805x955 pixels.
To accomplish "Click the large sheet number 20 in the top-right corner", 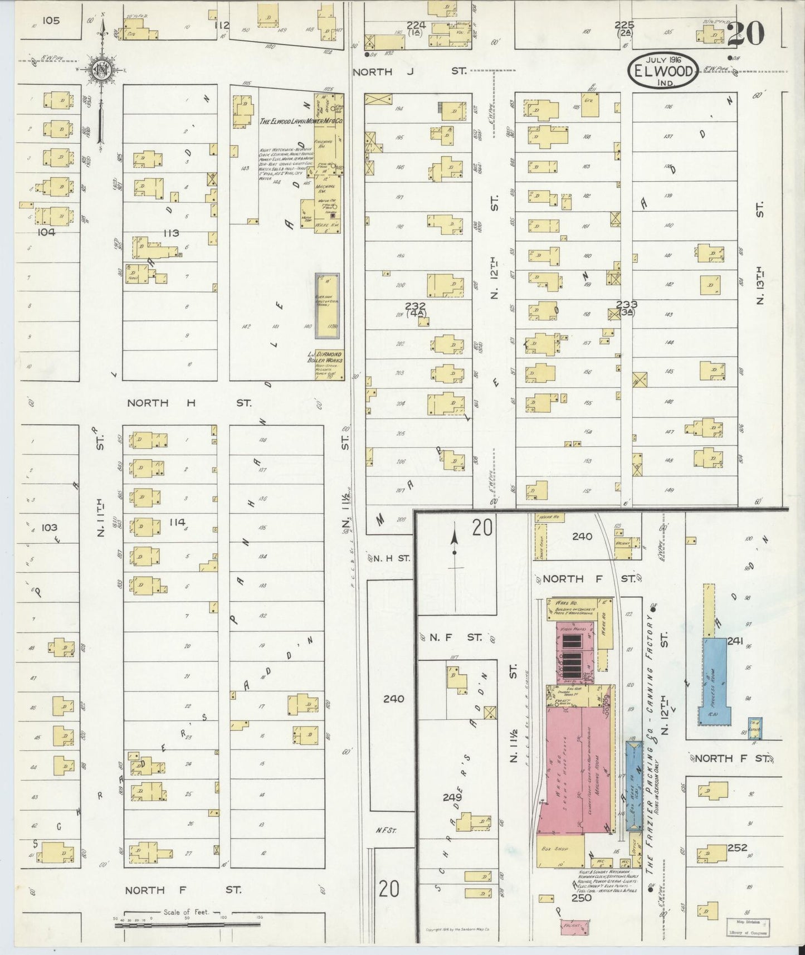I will coord(745,35).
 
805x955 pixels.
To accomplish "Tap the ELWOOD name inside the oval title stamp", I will coord(663,71).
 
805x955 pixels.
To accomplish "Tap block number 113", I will coord(170,233).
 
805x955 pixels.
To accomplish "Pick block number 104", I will coord(46,232).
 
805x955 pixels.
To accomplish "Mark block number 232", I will coord(416,305).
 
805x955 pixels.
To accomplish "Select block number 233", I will coord(627,304).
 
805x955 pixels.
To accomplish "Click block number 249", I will coord(452,797).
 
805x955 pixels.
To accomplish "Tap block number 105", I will coord(50,21).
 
